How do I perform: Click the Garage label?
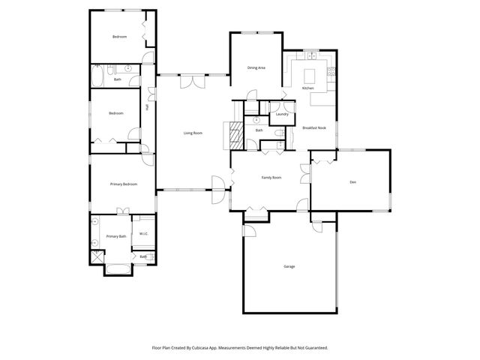(289, 267)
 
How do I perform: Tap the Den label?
(352, 182)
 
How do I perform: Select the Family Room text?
(271, 178)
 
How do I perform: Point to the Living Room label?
(193, 133)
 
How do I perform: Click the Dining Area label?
(256, 68)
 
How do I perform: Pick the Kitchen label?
(307, 88)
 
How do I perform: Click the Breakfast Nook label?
(314, 127)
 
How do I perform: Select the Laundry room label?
(282, 114)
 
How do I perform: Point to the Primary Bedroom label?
(123, 184)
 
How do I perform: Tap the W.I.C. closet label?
(143, 233)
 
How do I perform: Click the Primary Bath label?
(115, 236)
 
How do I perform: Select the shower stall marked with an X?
(97, 256)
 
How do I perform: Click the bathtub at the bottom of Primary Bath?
(118, 268)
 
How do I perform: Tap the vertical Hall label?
(147, 106)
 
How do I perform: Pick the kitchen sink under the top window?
(309, 56)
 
